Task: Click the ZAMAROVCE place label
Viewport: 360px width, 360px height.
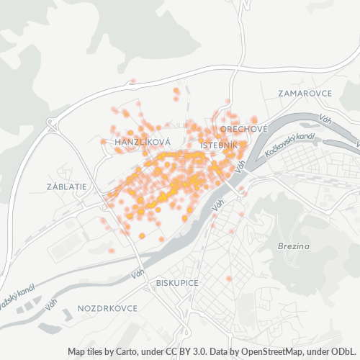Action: (x=305, y=94)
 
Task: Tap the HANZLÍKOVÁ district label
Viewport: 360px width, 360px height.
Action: (x=142, y=143)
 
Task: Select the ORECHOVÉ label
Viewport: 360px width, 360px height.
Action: (x=244, y=128)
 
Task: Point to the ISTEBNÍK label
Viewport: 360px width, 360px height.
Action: (x=220, y=145)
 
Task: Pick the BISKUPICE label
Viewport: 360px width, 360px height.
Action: (x=176, y=283)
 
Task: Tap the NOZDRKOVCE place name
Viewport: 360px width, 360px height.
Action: (x=107, y=308)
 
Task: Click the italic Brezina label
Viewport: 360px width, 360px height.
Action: (x=293, y=246)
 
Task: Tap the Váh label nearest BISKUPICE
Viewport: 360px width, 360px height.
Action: (x=137, y=274)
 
